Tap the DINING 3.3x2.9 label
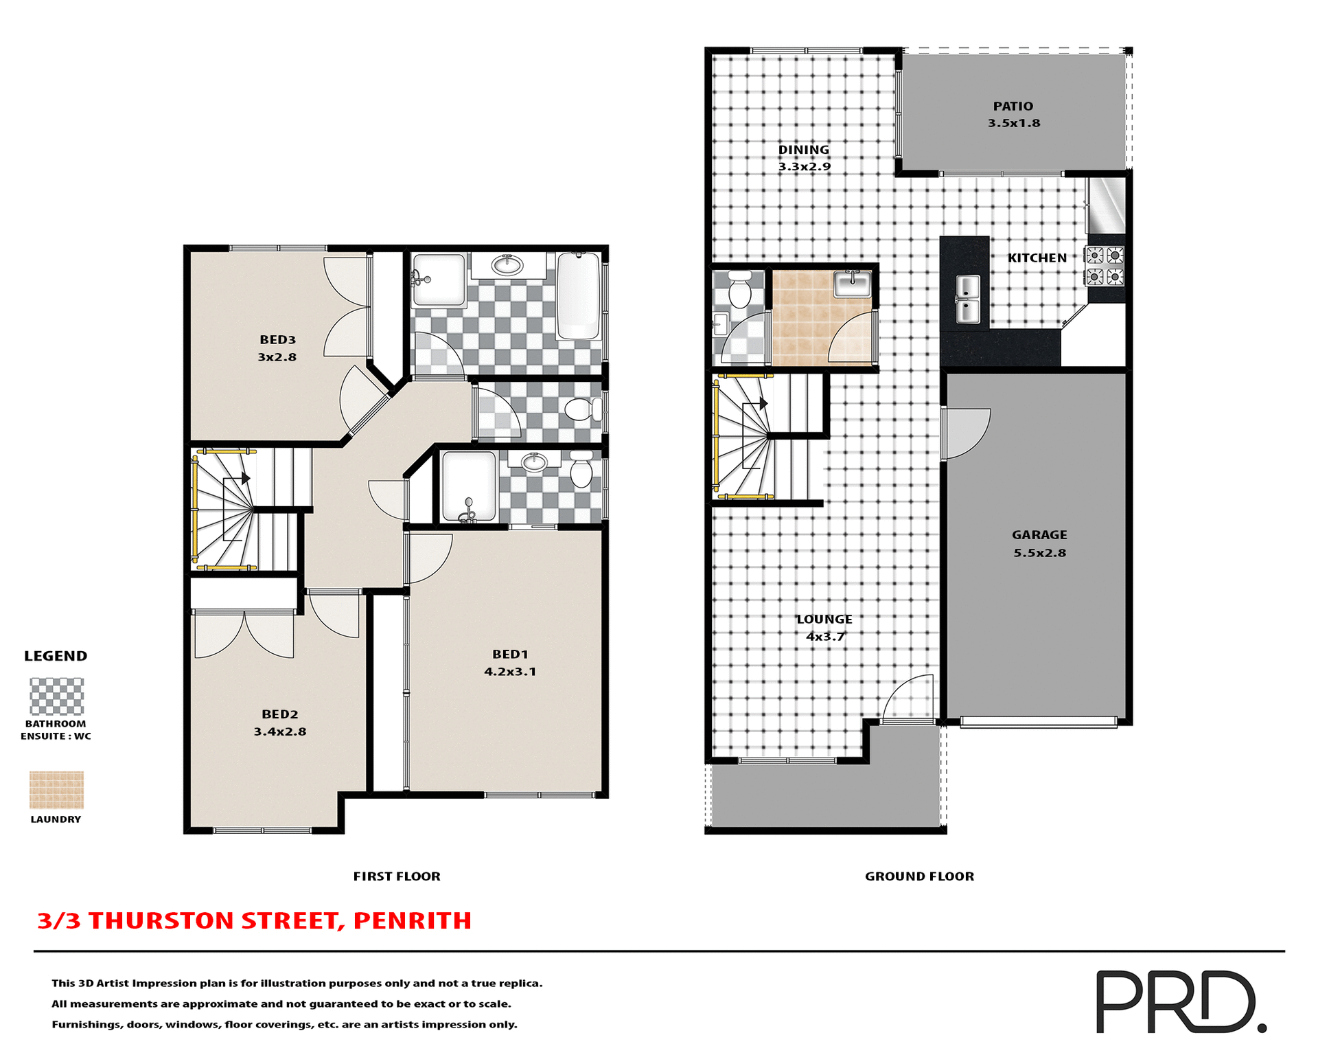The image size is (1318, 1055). (x=804, y=158)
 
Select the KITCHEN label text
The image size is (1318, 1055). (x=1037, y=258)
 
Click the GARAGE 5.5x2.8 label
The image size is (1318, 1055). (x=1039, y=543)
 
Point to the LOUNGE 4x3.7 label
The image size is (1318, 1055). (x=824, y=628)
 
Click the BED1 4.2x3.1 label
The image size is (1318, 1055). (x=510, y=663)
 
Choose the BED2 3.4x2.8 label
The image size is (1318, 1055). (x=280, y=723)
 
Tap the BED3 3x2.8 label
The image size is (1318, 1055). (x=277, y=348)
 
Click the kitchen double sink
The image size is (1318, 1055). (x=968, y=299)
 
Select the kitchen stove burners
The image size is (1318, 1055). (x=1105, y=266)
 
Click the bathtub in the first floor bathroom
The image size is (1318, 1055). (x=579, y=296)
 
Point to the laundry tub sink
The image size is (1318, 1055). (x=853, y=283)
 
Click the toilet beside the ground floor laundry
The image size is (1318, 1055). (x=739, y=289)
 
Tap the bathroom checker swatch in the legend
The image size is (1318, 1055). (x=56, y=696)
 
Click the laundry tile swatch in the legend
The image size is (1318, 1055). (x=56, y=789)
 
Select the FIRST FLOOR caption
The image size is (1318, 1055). (x=397, y=876)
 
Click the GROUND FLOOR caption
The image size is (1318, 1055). (x=919, y=876)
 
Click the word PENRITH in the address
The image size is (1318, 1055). (x=412, y=920)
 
